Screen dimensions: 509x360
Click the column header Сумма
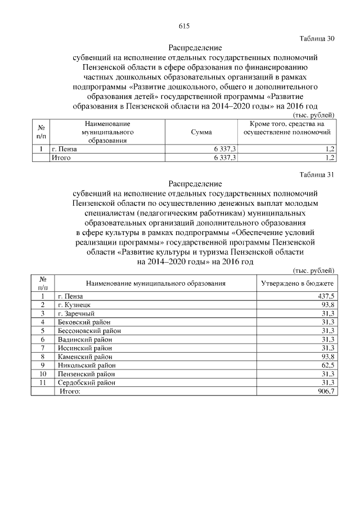201,132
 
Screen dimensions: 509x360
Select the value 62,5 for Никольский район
328,365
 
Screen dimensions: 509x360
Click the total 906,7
326,391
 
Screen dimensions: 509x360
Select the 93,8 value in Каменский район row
328,357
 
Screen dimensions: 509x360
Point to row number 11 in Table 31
42,382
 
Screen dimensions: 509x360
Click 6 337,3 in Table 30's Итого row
226,158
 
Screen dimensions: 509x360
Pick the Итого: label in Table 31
70,391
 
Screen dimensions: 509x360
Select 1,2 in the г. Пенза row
330,149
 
